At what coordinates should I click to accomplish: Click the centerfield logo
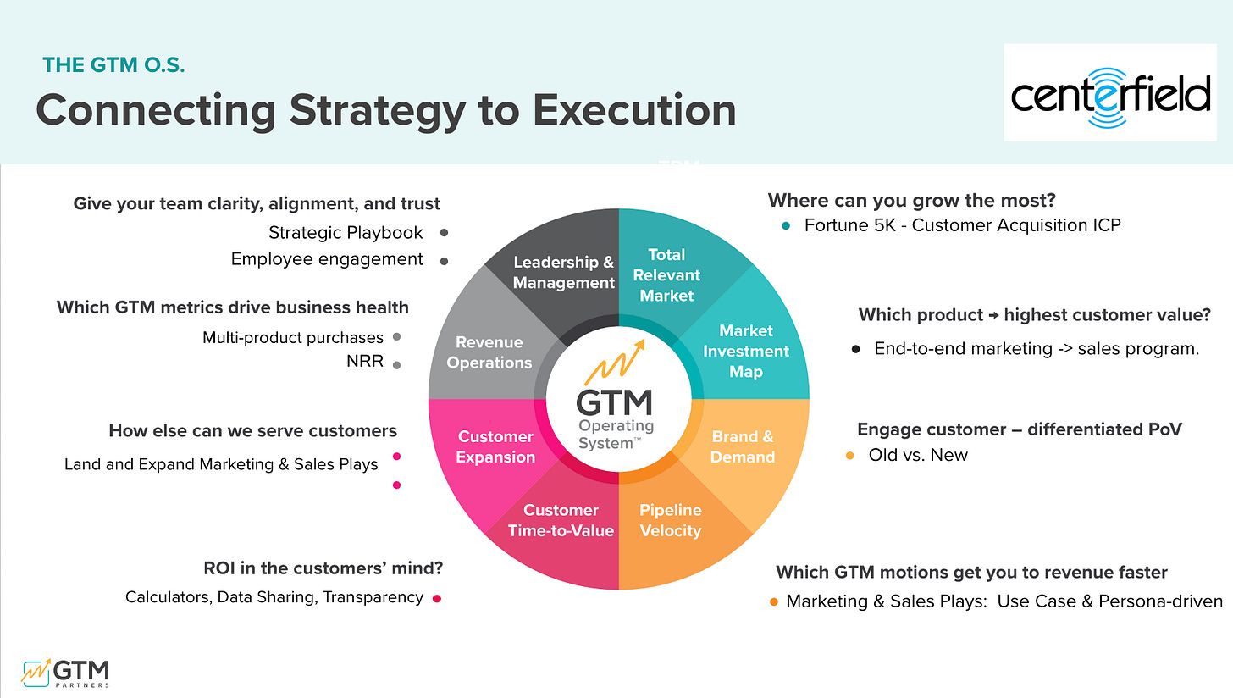coord(1109,93)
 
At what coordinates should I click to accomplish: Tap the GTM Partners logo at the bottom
coord(65,673)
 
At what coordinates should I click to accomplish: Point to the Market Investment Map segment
coord(746,352)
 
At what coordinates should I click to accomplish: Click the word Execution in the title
coord(634,110)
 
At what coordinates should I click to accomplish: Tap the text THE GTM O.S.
coord(113,65)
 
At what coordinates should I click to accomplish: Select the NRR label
coord(365,361)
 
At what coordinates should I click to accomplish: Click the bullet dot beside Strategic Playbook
coord(445,233)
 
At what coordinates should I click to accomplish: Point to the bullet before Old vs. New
coord(850,456)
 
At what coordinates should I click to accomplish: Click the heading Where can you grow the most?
coord(911,201)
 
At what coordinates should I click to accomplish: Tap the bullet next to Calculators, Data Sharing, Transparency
coord(437,598)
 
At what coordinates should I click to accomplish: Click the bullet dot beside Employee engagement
coord(445,262)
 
